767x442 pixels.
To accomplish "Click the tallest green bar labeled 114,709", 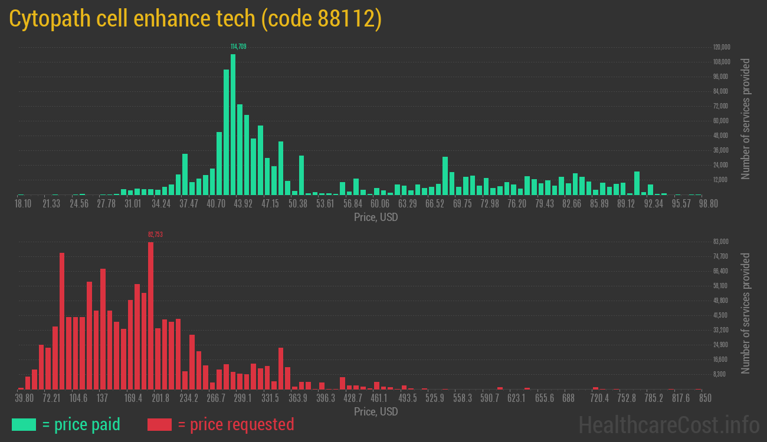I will click(x=233, y=124).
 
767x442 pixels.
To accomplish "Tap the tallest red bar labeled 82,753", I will click(x=151, y=315).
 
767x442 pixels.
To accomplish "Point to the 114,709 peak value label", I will click(x=238, y=46).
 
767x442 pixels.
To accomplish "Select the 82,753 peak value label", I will click(x=155, y=235).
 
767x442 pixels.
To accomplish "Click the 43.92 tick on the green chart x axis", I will click(x=243, y=204).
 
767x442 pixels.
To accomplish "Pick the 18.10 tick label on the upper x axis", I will click(x=23, y=204).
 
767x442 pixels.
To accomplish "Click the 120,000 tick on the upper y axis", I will click(x=722, y=47).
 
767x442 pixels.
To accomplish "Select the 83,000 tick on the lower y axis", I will click(x=721, y=242).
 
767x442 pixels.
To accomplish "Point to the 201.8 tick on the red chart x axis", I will click(x=160, y=398).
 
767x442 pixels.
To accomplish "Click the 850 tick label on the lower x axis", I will click(x=704, y=398).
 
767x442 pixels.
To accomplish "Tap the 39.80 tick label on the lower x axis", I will click(x=24, y=398).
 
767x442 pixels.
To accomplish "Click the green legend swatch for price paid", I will click(x=24, y=424).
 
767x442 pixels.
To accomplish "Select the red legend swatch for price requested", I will click(x=159, y=424).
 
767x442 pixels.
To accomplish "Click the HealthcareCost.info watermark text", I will click(x=668, y=425).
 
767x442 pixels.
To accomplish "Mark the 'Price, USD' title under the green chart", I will click(x=376, y=217).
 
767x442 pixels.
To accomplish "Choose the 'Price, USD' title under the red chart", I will click(x=376, y=412).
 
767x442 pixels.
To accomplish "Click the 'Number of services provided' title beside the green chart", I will click(x=746, y=118).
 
